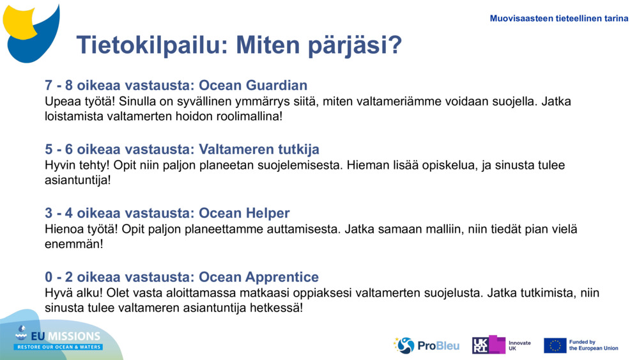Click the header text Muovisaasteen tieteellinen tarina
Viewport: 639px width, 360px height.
tap(558, 19)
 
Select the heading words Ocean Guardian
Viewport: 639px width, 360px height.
tap(253, 86)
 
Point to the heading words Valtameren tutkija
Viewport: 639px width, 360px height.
tap(259, 150)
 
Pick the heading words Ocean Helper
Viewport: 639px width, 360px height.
tap(244, 214)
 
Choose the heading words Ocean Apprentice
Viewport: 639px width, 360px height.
tap(259, 278)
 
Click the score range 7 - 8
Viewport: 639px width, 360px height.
tap(59, 86)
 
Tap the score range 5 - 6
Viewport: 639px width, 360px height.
tap(59, 150)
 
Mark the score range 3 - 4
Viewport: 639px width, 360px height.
tap(59, 214)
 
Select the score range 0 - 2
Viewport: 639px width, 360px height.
tap(59, 278)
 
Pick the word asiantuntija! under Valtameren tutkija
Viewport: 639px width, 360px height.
tap(77, 180)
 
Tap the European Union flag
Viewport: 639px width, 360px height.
tap(555, 345)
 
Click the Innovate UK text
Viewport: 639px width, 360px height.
tap(519, 345)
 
